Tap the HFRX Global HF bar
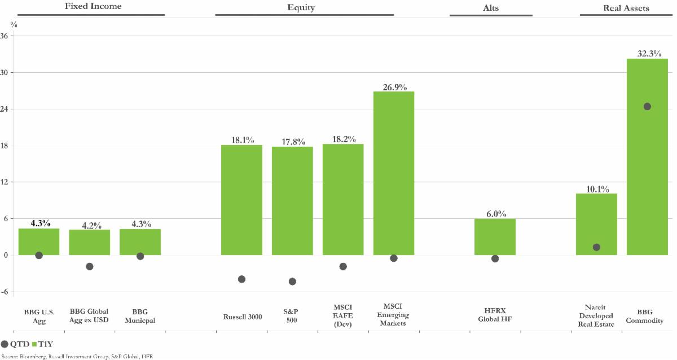[x=495, y=237]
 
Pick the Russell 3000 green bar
[x=241, y=200]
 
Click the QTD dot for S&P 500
[x=292, y=281]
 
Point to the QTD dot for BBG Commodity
[x=647, y=107]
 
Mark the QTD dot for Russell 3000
[x=241, y=279]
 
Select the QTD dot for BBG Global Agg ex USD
[x=89, y=266]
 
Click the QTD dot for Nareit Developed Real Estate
[x=596, y=247]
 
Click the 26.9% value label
[x=394, y=87]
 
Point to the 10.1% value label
[x=596, y=189]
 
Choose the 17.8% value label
[x=292, y=142]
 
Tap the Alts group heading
[x=491, y=8]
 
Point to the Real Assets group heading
[x=623, y=8]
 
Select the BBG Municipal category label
[x=140, y=316]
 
